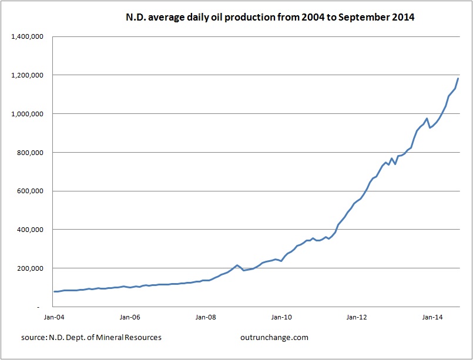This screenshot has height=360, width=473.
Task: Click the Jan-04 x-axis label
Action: click(x=54, y=317)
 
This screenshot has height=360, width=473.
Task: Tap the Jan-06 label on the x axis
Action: click(x=130, y=317)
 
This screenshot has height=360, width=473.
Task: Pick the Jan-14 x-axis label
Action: click(x=433, y=317)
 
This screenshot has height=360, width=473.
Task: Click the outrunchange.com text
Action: click(x=274, y=338)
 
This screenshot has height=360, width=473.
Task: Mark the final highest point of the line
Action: click(x=458, y=78)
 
